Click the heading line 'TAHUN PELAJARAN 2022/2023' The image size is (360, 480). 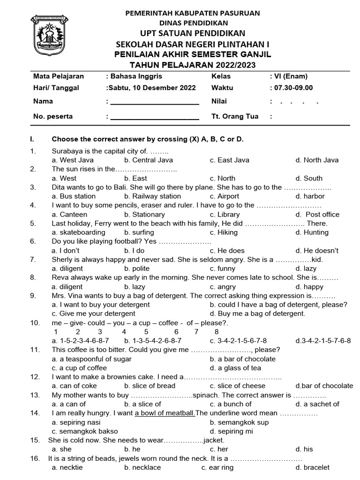click(x=193, y=65)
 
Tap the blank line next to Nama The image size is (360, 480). click(x=154, y=102)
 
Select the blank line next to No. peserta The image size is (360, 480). click(x=154, y=117)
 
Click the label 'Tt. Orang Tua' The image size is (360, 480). click(x=234, y=116)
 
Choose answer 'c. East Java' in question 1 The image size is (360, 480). click(x=230, y=160)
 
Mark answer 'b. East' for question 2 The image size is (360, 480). click(x=135, y=178)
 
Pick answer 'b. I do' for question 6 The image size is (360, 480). click(x=134, y=250)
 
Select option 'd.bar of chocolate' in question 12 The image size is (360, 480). click(x=324, y=386)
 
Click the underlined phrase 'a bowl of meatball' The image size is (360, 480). click(x=165, y=413)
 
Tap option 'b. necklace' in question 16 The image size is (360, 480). click(x=142, y=467)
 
